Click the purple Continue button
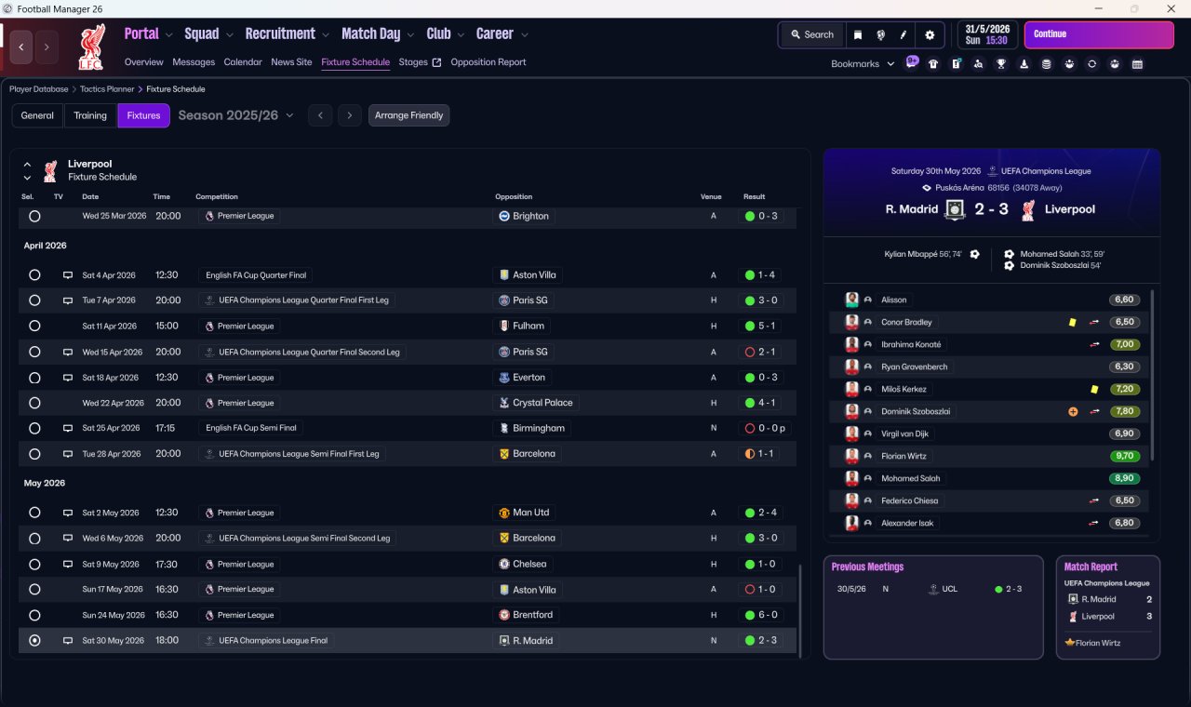[1098, 34]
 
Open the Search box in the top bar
[811, 34]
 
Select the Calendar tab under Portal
[243, 62]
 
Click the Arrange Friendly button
[408, 115]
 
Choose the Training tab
[90, 115]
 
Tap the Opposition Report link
[488, 62]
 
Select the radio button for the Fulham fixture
[34, 327]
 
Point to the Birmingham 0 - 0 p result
[766, 429]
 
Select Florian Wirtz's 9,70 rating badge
[1124, 456]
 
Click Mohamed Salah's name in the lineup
[910, 478]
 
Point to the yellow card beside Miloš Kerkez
[1094, 389]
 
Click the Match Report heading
[1091, 567]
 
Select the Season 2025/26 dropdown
[235, 115]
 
